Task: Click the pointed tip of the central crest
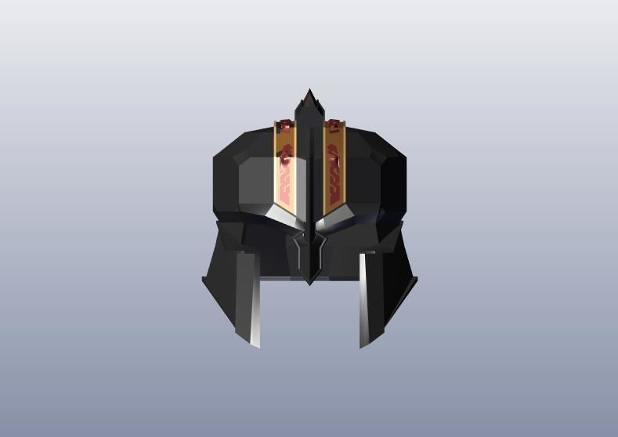tap(309, 92)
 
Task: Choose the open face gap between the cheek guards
tap(309, 313)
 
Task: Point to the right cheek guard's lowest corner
tap(363, 345)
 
